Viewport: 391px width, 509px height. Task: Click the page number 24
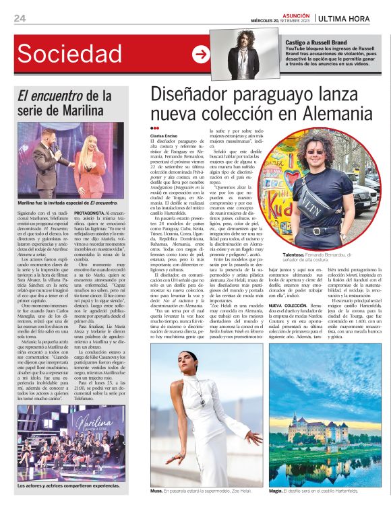pyautogui.click(x=20, y=18)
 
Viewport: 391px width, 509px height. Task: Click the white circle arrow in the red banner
pyautogui.click(x=200, y=55)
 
